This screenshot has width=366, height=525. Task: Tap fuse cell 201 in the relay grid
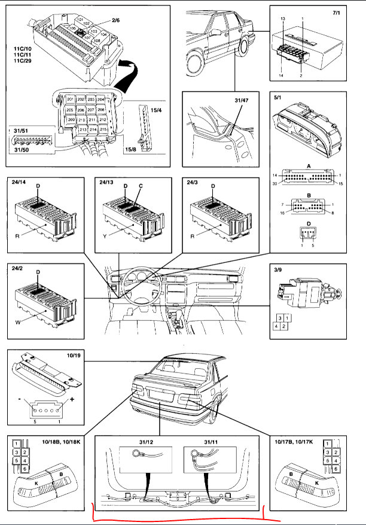pos(71,99)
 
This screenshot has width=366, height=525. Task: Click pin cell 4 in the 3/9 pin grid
pos(279,326)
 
